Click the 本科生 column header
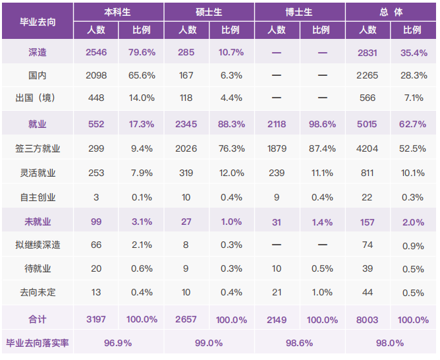coord(119,12)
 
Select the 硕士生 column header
coord(209,12)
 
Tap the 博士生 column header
coord(299,12)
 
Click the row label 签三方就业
coord(38,148)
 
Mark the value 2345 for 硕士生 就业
coord(186,123)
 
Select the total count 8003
coord(368,320)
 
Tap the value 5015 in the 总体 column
coord(368,123)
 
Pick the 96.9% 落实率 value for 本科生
coord(119,343)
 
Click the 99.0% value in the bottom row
coord(209,343)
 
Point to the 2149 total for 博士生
coord(277,320)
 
